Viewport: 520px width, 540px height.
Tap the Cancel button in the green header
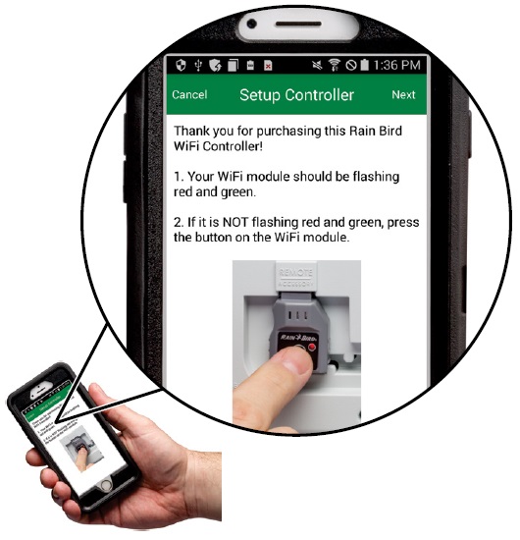[x=189, y=94]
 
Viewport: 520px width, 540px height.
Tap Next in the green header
[x=403, y=94]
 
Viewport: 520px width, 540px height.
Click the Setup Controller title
[x=296, y=95]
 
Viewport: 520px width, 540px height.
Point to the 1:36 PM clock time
[x=396, y=65]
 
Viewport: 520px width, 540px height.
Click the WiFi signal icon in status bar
[x=334, y=65]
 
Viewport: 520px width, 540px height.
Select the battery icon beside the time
[x=364, y=65]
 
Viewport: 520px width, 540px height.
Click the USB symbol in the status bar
[x=198, y=65]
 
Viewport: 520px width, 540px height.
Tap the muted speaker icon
[x=317, y=65]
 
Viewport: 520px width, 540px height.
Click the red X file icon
[x=268, y=65]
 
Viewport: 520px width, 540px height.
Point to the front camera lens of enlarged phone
[x=252, y=24]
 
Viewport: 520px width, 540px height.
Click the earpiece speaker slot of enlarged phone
[x=298, y=25]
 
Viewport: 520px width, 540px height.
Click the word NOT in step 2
[x=235, y=222]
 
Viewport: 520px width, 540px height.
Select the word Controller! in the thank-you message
[x=233, y=146]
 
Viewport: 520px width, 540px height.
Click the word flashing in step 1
[x=376, y=177]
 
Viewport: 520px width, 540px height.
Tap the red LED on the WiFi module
[x=312, y=347]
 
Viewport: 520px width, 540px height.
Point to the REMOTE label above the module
[x=295, y=273]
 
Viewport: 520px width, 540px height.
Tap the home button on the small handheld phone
[x=106, y=485]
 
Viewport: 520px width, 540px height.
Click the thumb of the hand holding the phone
[x=100, y=402]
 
